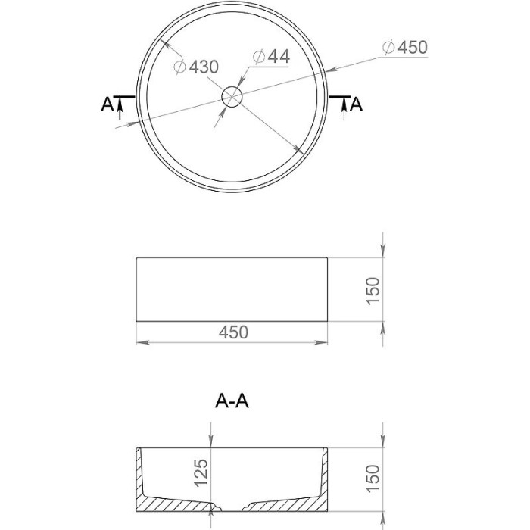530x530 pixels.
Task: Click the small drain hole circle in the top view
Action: pos(232,95)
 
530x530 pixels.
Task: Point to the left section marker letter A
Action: pos(106,104)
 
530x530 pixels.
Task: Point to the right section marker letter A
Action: pos(357,104)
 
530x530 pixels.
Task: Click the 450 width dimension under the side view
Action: pos(232,332)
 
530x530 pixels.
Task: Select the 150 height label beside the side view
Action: pos(373,291)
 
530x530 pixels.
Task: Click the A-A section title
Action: pos(232,401)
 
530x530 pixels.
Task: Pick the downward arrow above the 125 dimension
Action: pos(211,442)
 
